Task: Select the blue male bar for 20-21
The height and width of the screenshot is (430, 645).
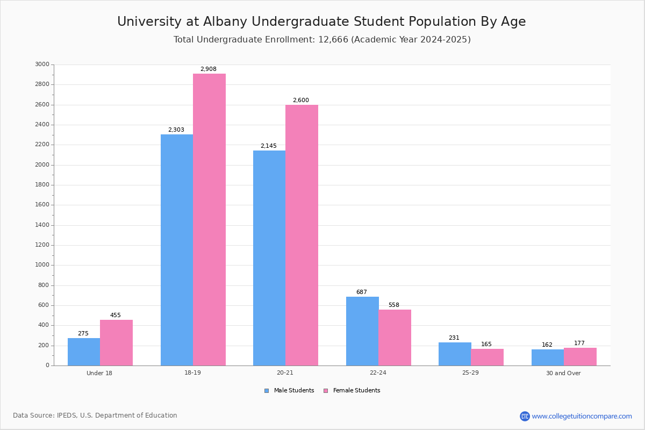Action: pyautogui.click(x=269, y=258)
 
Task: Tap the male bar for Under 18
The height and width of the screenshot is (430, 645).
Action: pyautogui.click(x=84, y=352)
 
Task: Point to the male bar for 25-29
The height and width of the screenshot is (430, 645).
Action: pyautogui.click(x=455, y=354)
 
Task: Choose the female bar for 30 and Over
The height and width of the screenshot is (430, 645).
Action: pyautogui.click(x=580, y=356)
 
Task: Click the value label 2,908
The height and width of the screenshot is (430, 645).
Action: pyautogui.click(x=208, y=69)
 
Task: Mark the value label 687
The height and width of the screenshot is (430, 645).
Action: pyautogui.click(x=361, y=292)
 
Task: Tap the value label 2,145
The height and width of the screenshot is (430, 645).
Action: pyautogui.click(x=268, y=146)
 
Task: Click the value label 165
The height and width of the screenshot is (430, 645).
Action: pyautogui.click(x=486, y=345)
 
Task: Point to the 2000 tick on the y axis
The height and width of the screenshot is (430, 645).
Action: pyautogui.click(x=42, y=165)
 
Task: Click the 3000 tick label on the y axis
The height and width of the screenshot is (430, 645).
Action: pyautogui.click(x=42, y=64)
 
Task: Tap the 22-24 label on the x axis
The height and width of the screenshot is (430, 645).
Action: pyautogui.click(x=378, y=373)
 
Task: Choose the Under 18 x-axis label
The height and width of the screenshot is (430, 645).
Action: pyautogui.click(x=99, y=373)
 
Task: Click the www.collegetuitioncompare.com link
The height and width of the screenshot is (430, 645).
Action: pyautogui.click(x=581, y=416)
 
